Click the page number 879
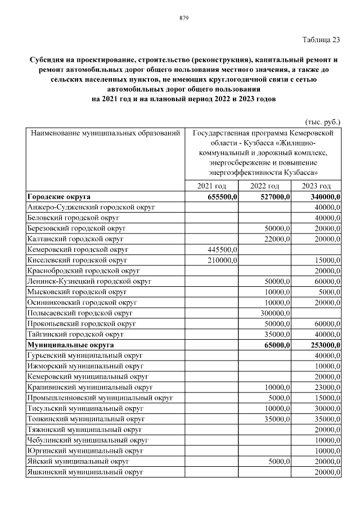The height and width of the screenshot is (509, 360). coord(183,18)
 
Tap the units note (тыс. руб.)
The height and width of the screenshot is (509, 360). coord(322,121)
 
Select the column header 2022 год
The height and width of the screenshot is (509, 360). coord(264,186)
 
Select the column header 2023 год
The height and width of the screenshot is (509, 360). coord(316,186)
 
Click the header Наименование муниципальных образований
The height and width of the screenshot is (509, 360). coord(105,134)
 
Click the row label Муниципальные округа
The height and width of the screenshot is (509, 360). coord(70,345)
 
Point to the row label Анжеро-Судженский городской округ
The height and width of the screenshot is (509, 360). coord(91,207)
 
